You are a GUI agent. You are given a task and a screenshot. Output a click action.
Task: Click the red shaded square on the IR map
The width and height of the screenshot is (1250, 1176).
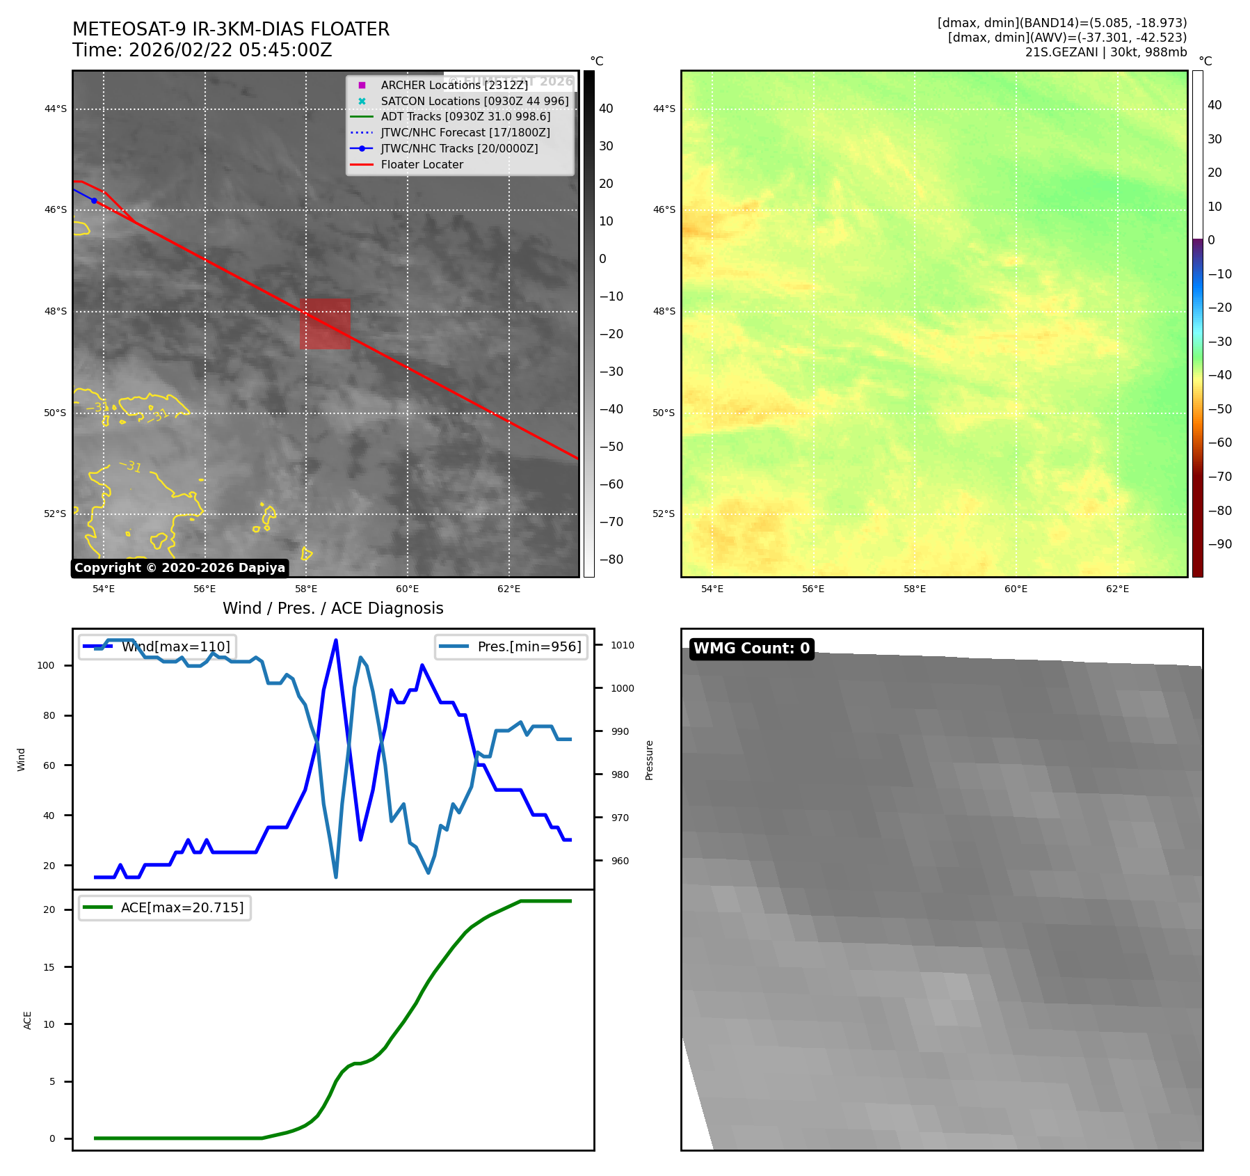[325, 324]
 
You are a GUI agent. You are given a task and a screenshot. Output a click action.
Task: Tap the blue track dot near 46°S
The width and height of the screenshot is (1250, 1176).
[94, 200]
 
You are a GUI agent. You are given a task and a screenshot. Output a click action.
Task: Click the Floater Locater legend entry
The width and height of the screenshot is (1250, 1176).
[422, 164]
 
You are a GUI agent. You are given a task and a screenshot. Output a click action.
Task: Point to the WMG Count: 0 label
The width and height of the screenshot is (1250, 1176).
[751, 649]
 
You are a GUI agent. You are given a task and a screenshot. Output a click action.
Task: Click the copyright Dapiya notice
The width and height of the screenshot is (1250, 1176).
[179, 568]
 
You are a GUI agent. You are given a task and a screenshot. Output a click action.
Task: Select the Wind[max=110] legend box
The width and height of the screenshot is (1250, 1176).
[157, 646]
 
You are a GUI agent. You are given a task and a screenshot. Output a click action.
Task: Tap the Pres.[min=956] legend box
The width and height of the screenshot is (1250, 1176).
[511, 646]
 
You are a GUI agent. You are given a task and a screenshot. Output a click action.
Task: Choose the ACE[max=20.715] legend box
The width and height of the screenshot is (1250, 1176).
[165, 907]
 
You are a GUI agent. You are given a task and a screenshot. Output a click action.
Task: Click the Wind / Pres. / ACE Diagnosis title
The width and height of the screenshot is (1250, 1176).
[332, 608]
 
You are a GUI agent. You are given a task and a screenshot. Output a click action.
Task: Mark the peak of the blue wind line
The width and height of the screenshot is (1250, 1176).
[336, 640]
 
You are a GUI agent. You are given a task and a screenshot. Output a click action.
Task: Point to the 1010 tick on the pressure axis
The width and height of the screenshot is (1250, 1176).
[623, 645]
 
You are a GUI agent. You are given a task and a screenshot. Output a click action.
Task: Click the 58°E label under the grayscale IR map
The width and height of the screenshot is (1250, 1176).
[306, 589]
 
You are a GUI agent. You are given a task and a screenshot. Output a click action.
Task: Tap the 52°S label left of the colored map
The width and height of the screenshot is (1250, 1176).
[664, 514]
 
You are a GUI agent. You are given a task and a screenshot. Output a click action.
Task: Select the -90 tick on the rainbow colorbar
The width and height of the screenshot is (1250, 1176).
[1219, 544]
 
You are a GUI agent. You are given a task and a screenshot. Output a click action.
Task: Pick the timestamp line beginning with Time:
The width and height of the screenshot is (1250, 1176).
[202, 50]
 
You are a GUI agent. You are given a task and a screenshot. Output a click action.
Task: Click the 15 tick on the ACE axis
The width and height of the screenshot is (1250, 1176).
[49, 967]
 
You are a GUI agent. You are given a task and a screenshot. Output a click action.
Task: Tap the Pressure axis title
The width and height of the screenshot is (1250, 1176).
[649, 760]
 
